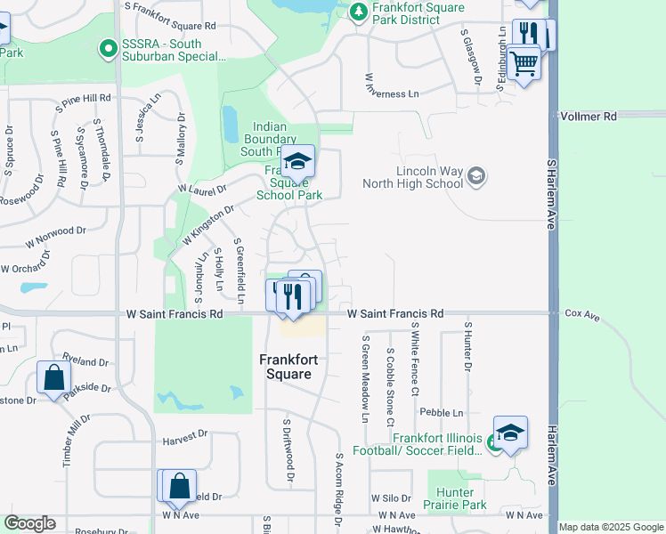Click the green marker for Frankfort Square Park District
[358, 12]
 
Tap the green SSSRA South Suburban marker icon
[109, 48]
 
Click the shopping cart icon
[524, 62]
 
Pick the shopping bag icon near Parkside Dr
[54, 378]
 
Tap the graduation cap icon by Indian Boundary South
[298, 162]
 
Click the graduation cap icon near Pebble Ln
[510, 433]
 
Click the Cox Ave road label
[582, 314]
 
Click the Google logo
[29, 523]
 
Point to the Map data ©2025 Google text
[611, 527]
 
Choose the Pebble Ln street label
[442, 413]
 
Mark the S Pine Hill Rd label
[83, 98]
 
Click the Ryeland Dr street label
[85, 363]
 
